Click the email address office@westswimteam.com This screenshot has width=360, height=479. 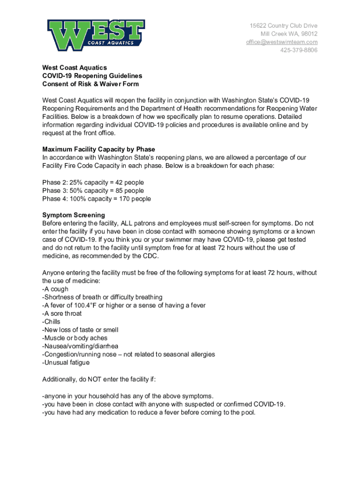(282, 42)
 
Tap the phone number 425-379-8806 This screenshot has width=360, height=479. (298, 50)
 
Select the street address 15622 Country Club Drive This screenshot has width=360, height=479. (283, 26)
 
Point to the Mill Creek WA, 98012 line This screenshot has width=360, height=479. (289, 34)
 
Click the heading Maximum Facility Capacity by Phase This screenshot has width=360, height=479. (99, 150)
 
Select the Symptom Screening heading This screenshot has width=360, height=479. (70, 215)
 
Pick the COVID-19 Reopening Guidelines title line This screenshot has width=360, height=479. (92, 76)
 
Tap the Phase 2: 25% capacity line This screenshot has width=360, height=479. (93, 182)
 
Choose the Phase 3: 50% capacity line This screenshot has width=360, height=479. (93, 191)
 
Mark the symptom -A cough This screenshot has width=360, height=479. (55, 289)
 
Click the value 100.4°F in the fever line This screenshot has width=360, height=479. (85, 305)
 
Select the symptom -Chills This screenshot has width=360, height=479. (51, 322)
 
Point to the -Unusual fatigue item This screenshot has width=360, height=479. (66, 363)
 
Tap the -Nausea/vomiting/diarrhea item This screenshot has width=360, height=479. (80, 346)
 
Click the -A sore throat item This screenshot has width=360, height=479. (62, 313)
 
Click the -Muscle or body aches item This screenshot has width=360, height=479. (75, 338)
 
